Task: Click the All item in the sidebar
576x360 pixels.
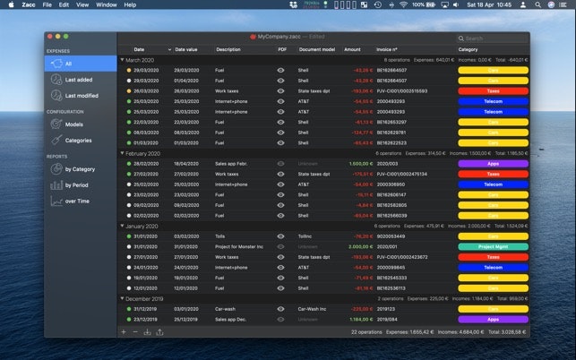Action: pyautogui.click(x=69, y=64)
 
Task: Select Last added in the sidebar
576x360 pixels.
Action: pyautogui.click(x=81, y=80)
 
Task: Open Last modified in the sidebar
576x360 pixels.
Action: pyautogui.click(x=82, y=95)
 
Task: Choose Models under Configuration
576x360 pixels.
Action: pyautogui.click(x=74, y=124)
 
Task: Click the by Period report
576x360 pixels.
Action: pyautogui.click(x=77, y=185)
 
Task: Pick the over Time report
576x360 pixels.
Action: pyautogui.click(x=77, y=201)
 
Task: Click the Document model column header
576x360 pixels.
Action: pyautogui.click(x=316, y=49)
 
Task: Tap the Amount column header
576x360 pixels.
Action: pyautogui.click(x=352, y=49)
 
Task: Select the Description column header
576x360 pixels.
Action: pyautogui.click(x=228, y=49)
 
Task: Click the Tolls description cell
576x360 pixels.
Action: pyautogui.click(x=222, y=236)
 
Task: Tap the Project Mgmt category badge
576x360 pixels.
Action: pyautogui.click(x=492, y=246)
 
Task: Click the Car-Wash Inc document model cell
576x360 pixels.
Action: pyautogui.click(x=314, y=308)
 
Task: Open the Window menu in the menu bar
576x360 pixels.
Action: pyautogui.click(x=106, y=4)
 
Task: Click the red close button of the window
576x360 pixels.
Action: pyautogui.click(x=50, y=36)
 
